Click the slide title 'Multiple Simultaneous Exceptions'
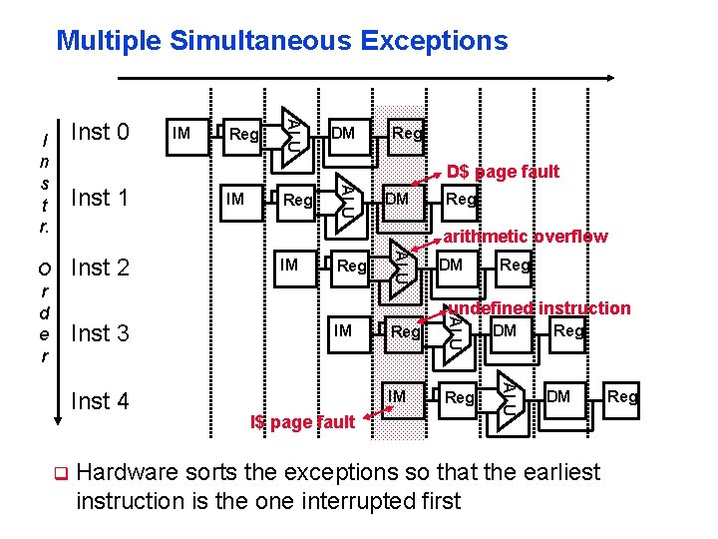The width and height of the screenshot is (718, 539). (x=282, y=41)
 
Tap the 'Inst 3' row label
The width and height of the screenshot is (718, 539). (x=101, y=332)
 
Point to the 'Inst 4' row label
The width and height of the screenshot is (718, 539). (x=101, y=401)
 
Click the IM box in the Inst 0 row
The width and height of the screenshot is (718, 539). (x=182, y=133)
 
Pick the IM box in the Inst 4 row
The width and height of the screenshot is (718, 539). (x=397, y=397)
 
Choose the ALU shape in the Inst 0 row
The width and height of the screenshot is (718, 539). (x=290, y=131)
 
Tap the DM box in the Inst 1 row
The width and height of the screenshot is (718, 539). (x=397, y=199)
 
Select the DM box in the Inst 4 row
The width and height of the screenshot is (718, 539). (x=558, y=397)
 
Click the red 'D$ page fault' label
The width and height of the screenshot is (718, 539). (x=503, y=172)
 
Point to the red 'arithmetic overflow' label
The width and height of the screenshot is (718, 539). (x=525, y=237)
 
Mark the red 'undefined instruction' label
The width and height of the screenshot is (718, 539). (x=538, y=308)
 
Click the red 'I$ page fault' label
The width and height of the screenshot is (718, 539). (x=302, y=422)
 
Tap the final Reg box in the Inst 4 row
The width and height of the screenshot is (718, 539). (x=622, y=397)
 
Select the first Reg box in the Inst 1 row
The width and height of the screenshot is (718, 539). (x=297, y=201)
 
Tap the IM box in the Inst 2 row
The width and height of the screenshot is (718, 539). (x=289, y=265)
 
